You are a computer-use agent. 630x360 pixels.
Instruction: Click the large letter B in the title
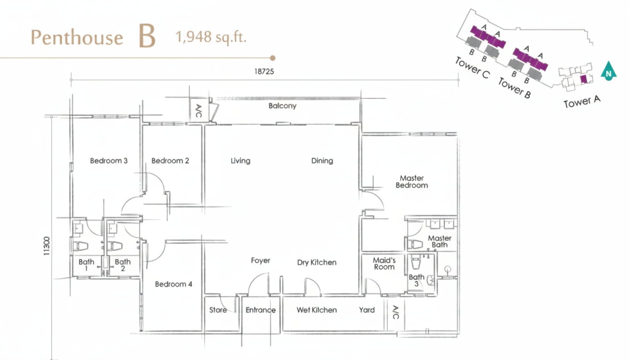[147, 36]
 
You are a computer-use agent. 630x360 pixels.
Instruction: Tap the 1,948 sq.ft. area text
[211, 37]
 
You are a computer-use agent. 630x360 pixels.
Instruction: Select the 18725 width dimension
[264, 71]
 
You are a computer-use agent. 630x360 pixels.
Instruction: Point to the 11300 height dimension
[47, 246]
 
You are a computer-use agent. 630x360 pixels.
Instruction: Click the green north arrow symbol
[608, 71]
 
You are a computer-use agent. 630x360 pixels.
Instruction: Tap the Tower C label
[472, 68]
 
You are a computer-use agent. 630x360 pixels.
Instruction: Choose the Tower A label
[582, 102]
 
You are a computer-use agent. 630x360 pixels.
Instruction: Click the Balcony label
[282, 106]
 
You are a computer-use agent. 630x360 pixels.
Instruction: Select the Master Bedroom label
[412, 182]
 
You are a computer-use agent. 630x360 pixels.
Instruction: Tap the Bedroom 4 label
[173, 284]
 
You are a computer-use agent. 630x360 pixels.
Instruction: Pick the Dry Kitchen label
[317, 262]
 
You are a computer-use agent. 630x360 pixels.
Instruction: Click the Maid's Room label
[384, 263]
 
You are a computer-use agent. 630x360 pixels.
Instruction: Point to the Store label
[218, 310]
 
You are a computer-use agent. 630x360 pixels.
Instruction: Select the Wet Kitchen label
[317, 310]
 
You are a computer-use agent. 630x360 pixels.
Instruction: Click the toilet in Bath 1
[81, 246]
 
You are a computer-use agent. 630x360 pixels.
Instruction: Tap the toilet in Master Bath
[415, 244]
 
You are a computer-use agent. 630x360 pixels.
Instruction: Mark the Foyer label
[261, 261]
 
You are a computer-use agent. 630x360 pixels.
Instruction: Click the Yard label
[367, 310]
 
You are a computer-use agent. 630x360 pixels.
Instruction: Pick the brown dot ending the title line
[272, 58]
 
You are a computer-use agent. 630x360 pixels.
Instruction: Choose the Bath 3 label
[417, 280]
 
